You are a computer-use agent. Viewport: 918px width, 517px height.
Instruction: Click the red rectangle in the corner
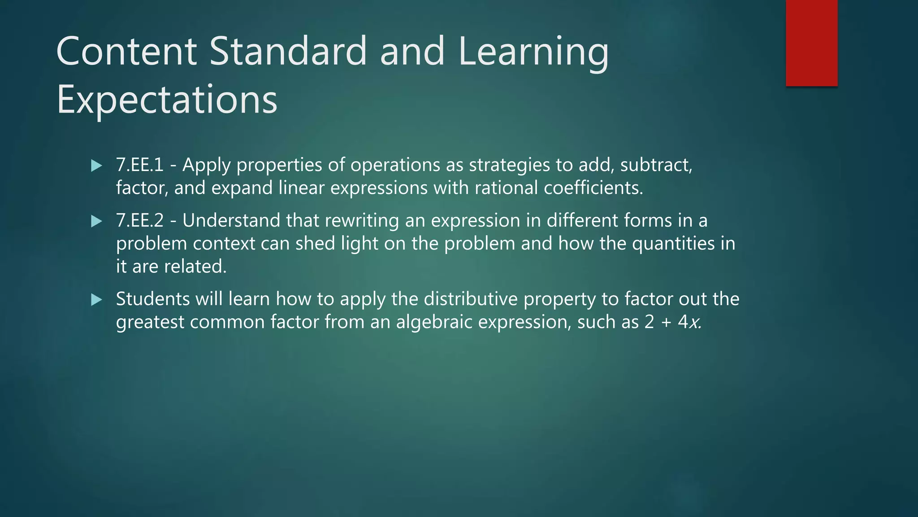[x=811, y=43]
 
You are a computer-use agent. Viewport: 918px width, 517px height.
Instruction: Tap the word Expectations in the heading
[x=167, y=100]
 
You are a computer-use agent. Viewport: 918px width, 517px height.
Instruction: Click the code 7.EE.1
[x=140, y=165]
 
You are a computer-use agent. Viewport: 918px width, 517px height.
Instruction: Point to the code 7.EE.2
[x=140, y=221]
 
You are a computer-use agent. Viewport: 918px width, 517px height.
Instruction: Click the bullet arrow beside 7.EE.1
[x=96, y=166]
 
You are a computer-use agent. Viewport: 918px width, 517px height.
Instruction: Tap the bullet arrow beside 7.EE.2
[x=96, y=221]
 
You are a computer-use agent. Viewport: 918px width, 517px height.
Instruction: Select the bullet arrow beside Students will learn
[x=96, y=300]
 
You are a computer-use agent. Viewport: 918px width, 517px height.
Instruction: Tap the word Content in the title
[x=126, y=51]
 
